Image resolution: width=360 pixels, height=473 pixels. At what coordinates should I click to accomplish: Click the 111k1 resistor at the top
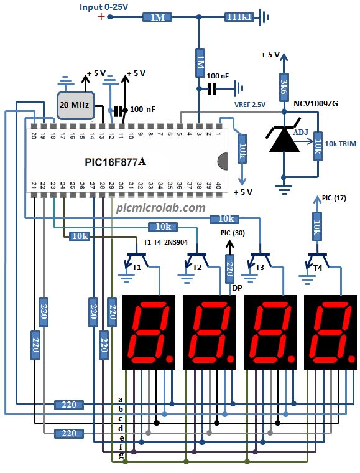click(x=239, y=17)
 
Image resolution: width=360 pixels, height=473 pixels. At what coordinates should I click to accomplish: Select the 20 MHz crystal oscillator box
click(x=75, y=105)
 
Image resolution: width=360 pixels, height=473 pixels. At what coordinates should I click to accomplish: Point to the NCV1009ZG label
click(x=316, y=104)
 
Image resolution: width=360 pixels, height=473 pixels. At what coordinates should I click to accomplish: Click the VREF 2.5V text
click(x=250, y=105)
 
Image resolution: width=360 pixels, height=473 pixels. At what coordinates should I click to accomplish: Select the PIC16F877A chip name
click(x=116, y=162)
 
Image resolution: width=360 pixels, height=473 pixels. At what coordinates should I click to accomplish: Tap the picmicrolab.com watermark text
click(x=161, y=207)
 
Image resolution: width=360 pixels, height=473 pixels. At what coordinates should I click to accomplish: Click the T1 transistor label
click(x=137, y=267)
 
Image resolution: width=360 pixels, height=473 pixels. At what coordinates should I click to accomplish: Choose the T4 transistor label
click(x=318, y=268)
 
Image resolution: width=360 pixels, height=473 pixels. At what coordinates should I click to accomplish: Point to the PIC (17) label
click(x=334, y=198)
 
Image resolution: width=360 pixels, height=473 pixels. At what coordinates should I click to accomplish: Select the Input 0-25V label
click(x=104, y=7)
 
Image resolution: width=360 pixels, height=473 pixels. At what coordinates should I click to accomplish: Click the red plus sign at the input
click(x=101, y=16)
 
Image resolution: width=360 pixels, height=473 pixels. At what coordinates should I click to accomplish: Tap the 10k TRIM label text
click(x=341, y=144)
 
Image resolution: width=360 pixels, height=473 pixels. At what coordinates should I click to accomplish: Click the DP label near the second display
click(x=237, y=288)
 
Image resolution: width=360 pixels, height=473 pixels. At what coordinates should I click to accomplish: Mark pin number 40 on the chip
click(x=218, y=185)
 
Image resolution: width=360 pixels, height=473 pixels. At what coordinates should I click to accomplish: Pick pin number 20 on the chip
click(x=34, y=135)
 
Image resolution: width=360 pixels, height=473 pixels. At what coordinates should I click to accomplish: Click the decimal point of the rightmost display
click(x=351, y=358)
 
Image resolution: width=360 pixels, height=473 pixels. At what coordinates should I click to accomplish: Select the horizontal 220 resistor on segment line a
click(x=69, y=405)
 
